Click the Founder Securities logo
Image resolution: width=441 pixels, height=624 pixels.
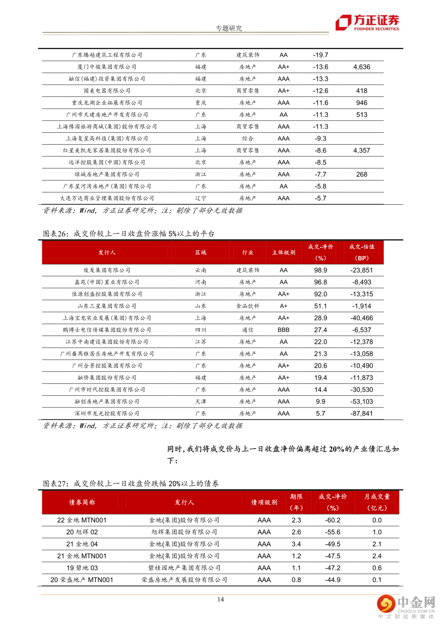(x=367, y=22)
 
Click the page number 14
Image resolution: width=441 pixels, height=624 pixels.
(x=220, y=599)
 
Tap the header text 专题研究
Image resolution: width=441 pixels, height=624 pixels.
(x=229, y=28)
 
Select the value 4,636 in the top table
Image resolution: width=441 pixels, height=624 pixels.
(x=361, y=67)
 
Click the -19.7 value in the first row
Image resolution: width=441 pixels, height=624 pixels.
(x=321, y=55)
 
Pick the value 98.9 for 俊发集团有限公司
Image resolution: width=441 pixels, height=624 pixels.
(x=321, y=270)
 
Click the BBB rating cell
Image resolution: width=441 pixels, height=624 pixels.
(x=283, y=330)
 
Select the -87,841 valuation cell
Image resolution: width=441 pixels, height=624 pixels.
(x=361, y=414)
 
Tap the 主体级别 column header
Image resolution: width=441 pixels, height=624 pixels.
(x=283, y=253)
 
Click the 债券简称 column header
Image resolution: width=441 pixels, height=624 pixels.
(x=82, y=502)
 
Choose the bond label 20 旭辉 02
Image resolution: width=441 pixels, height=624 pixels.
(x=82, y=532)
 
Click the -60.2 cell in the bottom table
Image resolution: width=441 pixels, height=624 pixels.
(x=333, y=520)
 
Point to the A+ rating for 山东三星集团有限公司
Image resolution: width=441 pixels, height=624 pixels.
(x=283, y=306)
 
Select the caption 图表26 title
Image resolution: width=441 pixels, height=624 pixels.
(x=129, y=234)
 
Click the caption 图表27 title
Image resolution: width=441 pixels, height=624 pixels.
(x=131, y=484)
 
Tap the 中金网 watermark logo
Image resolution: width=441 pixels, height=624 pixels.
(x=406, y=605)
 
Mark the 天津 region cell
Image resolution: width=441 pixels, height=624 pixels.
(x=200, y=402)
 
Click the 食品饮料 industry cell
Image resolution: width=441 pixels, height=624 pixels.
(x=247, y=306)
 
